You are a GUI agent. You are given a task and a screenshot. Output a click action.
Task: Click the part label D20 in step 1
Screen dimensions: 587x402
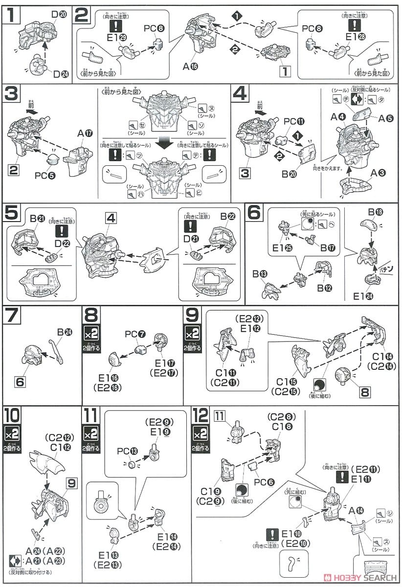(x=59, y=15)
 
